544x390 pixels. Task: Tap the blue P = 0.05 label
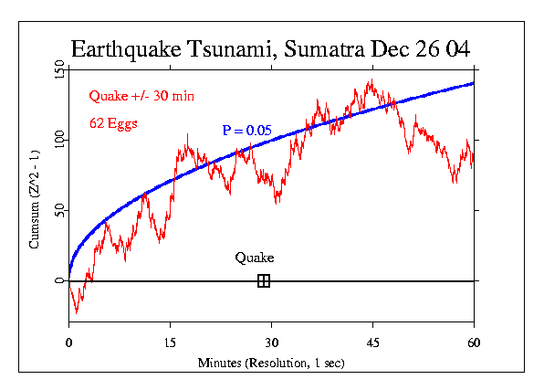[x=246, y=131]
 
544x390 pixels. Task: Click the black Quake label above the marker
[x=254, y=258]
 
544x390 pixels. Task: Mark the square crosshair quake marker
[x=264, y=280]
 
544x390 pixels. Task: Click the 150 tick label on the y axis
[x=58, y=70]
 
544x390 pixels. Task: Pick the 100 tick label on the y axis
[x=58, y=140]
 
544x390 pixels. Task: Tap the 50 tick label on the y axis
[x=58, y=211]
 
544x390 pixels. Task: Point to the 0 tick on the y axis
[x=58, y=280]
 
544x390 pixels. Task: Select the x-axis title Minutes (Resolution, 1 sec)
[x=271, y=363]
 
